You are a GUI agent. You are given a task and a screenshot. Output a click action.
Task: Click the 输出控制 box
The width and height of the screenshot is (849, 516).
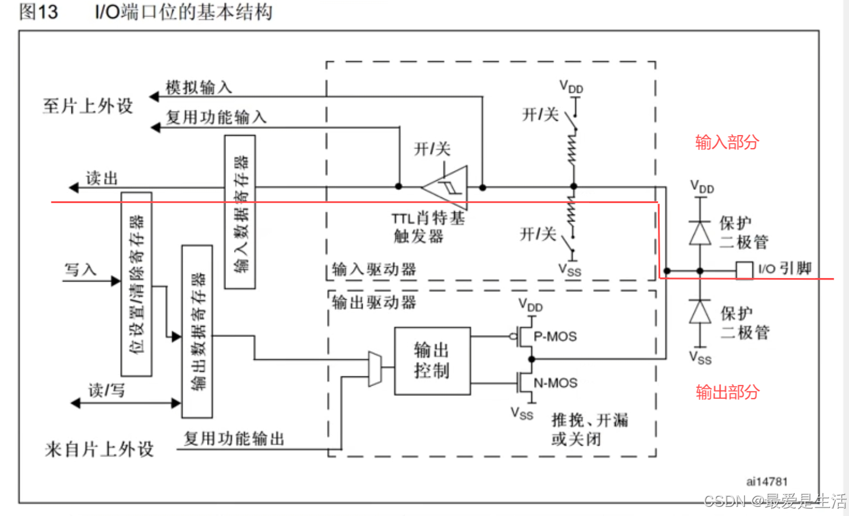(432, 361)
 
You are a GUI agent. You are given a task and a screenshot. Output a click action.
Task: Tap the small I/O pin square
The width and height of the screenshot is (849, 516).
(744, 270)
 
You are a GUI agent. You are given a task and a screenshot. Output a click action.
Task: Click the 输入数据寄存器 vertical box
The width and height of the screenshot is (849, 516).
(240, 212)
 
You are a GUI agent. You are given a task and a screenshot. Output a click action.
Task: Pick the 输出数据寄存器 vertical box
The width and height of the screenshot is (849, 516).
(197, 331)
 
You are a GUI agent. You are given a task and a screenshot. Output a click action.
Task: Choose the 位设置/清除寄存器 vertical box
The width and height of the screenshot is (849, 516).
(137, 284)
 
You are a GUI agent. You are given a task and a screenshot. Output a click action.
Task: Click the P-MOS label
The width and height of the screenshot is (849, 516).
(554, 336)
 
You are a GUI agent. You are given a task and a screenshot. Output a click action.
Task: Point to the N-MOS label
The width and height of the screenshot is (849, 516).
(555, 383)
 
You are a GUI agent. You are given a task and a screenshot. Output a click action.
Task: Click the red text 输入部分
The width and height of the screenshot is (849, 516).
(727, 142)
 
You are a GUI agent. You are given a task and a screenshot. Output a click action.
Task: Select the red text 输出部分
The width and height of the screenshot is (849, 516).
(727, 392)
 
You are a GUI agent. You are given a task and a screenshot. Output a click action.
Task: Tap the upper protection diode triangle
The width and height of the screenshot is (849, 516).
(700, 232)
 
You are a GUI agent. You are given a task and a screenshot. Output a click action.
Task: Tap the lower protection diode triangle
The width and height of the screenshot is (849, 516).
(700, 312)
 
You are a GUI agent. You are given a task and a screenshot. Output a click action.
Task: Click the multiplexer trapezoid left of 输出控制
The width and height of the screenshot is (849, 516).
(375, 368)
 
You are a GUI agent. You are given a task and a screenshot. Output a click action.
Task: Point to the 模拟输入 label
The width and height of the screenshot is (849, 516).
(199, 88)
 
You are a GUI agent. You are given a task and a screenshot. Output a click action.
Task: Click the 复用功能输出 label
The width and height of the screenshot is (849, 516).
(234, 439)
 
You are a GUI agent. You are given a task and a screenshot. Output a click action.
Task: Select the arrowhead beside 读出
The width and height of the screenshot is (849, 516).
(74, 187)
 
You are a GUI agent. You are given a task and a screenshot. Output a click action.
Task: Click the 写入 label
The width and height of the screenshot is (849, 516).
(80, 269)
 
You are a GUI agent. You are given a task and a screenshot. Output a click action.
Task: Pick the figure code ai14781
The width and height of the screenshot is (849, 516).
(767, 482)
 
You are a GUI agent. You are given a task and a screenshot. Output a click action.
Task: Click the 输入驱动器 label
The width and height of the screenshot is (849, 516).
(374, 269)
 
